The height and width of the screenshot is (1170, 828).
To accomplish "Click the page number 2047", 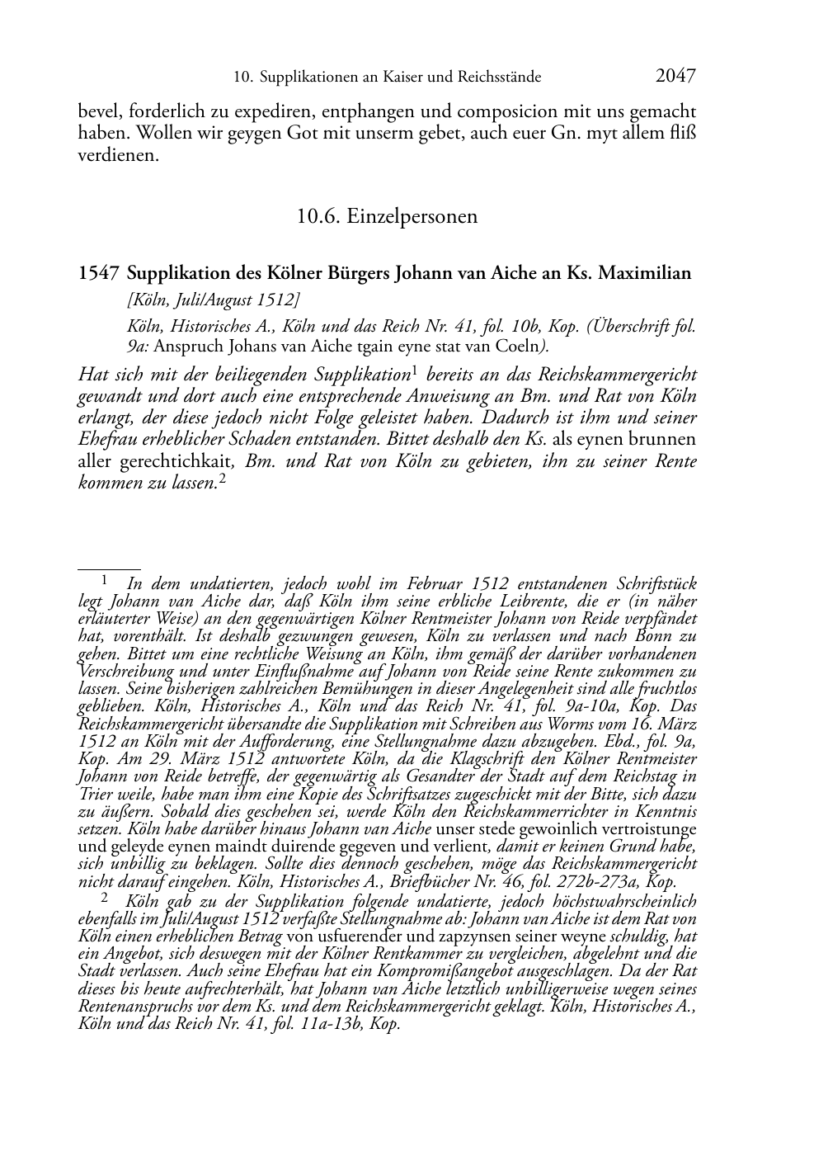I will (675, 76).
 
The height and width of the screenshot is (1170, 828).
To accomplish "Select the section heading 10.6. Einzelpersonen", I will (387, 217).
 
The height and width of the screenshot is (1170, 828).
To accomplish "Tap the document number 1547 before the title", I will (99, 273).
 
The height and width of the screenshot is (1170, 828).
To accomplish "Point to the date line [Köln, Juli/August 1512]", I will (213, 300).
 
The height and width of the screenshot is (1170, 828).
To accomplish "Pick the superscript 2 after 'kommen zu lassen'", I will (222, 479).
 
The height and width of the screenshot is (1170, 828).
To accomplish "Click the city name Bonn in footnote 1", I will (661, 635).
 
